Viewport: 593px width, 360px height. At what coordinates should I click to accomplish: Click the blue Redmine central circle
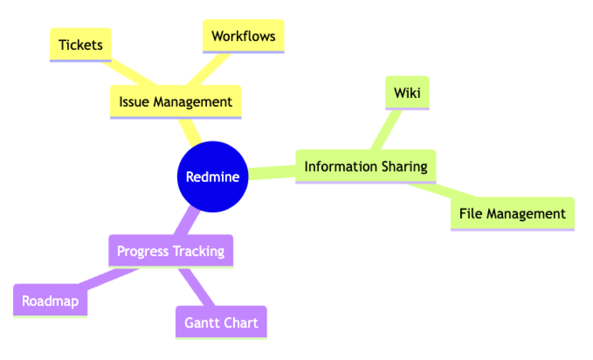click(x=212, y=177)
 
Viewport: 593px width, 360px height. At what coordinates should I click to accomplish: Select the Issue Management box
click(x=175, y=102)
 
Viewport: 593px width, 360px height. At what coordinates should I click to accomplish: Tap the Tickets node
click(x=81, y=45)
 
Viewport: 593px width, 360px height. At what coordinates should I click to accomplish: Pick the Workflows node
click(x=244, y=36)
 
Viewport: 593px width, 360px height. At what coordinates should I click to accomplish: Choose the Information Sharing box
click(x=366, y=166)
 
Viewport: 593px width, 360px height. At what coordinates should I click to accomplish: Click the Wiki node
click(x=407, y=92)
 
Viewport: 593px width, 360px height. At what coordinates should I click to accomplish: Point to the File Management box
click(x=512, y=214)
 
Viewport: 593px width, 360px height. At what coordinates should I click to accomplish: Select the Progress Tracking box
click(x=170, y=251)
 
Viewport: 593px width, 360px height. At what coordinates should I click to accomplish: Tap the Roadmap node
click(x=50, y=300)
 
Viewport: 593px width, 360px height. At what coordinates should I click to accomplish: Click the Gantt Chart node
click(x=221, y=322)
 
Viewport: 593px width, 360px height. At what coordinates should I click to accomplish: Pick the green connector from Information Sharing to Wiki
click(x=386, y=130)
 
